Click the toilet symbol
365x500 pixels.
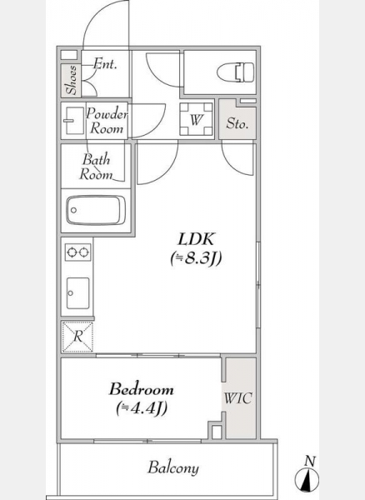[236, 72]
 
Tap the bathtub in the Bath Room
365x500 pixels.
[96, 210]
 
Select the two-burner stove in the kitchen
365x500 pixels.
[77, 252]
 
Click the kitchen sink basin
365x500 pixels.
[78, 293]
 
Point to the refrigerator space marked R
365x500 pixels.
[77, 337]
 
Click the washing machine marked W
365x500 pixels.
[197, 119]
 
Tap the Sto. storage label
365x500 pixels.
[237, 123]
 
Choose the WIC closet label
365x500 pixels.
[238, 398]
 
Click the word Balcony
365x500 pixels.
[173, 467]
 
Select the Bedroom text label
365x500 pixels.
[142, 389]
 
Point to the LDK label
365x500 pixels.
[197, 239]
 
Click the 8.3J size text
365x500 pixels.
[196, 258]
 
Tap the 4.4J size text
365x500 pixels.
[142, 408]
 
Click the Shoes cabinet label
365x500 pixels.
[72, 80]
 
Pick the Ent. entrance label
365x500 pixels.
[105, 64]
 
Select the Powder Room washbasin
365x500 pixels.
[73, 121]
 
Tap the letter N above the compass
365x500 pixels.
[310, 461]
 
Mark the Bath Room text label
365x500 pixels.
[96, 167]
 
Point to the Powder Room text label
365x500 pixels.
[107, 121]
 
